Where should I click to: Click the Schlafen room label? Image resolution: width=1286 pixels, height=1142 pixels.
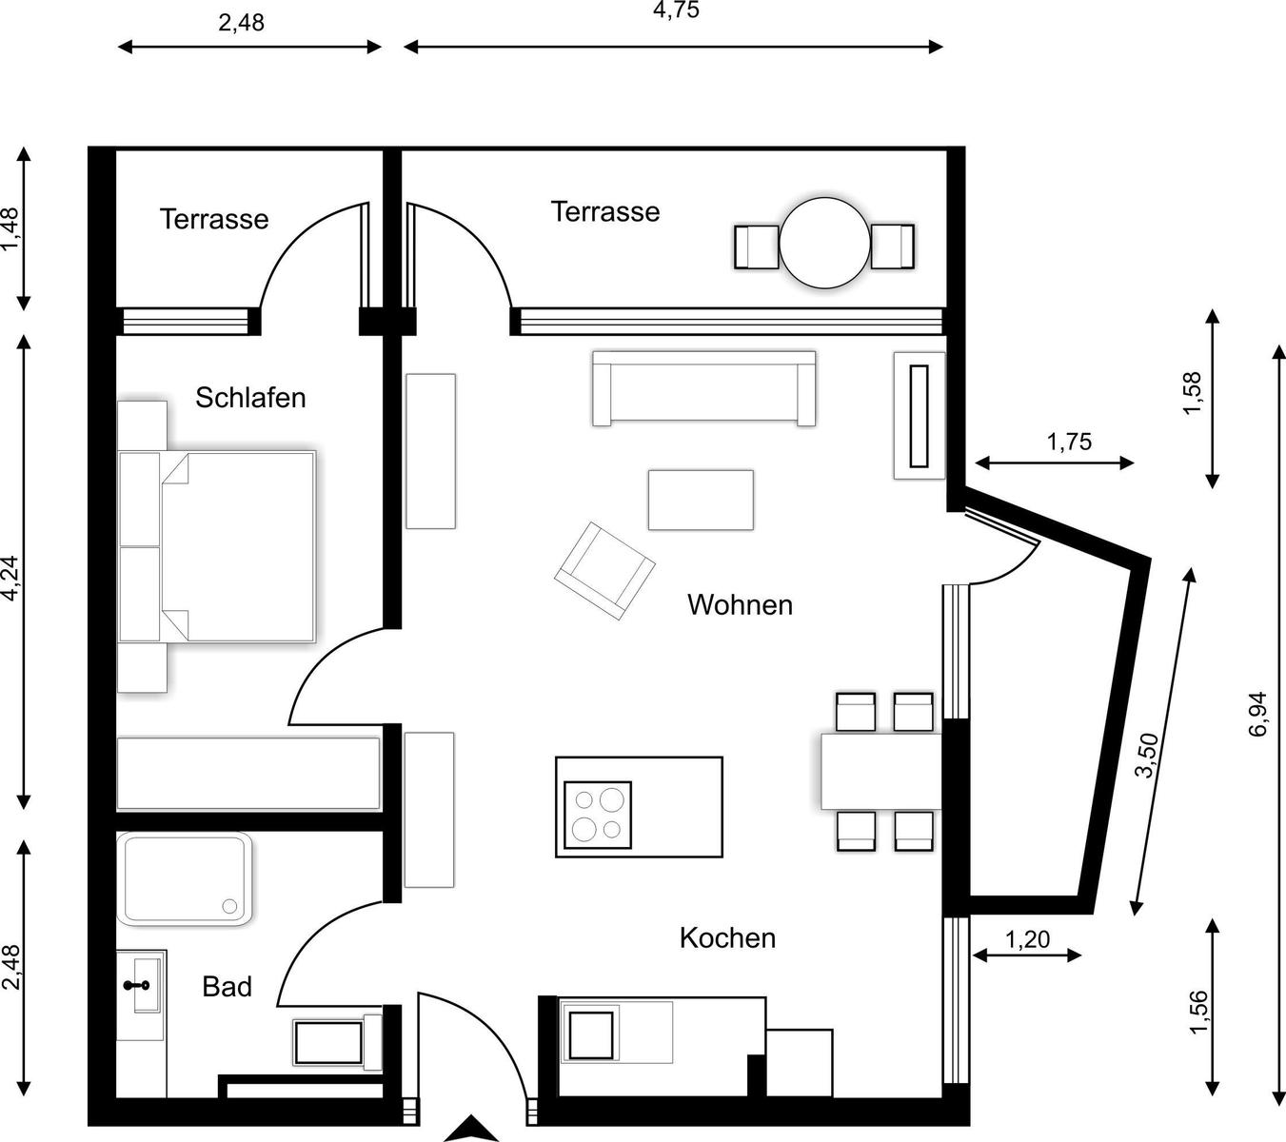click(250, 398)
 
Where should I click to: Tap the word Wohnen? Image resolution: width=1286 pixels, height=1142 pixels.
click(741, 605)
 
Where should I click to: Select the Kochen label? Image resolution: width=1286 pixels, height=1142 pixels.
click(727, 938)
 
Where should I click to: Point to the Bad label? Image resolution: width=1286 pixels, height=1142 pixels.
click(228, 987)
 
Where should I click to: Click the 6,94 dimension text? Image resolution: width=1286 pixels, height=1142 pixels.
click(1257, 714)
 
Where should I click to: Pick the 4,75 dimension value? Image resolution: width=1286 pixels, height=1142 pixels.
click(676, 10)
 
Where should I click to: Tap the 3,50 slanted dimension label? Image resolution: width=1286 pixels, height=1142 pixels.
click(1147, 755)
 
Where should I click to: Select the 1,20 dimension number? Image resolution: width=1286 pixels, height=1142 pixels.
click(1028, 939)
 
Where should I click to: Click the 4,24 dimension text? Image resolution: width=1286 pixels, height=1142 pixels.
click(12, 578)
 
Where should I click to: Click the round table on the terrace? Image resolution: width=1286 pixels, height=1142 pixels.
click(824, 244)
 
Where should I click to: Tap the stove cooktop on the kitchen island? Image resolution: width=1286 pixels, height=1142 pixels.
click(597, 815)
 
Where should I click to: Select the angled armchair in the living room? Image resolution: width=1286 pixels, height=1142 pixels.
click(604, 571)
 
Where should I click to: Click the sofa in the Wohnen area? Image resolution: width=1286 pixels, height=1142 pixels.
click(704, 388)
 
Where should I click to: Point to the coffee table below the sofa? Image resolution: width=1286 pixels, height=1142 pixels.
click(701, 500)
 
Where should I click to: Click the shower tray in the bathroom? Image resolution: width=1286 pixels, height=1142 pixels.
click(185, 878)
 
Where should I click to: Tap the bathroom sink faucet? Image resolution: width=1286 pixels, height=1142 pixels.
click(136, 985)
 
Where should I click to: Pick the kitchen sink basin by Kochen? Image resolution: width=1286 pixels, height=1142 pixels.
click(591, 1035)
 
